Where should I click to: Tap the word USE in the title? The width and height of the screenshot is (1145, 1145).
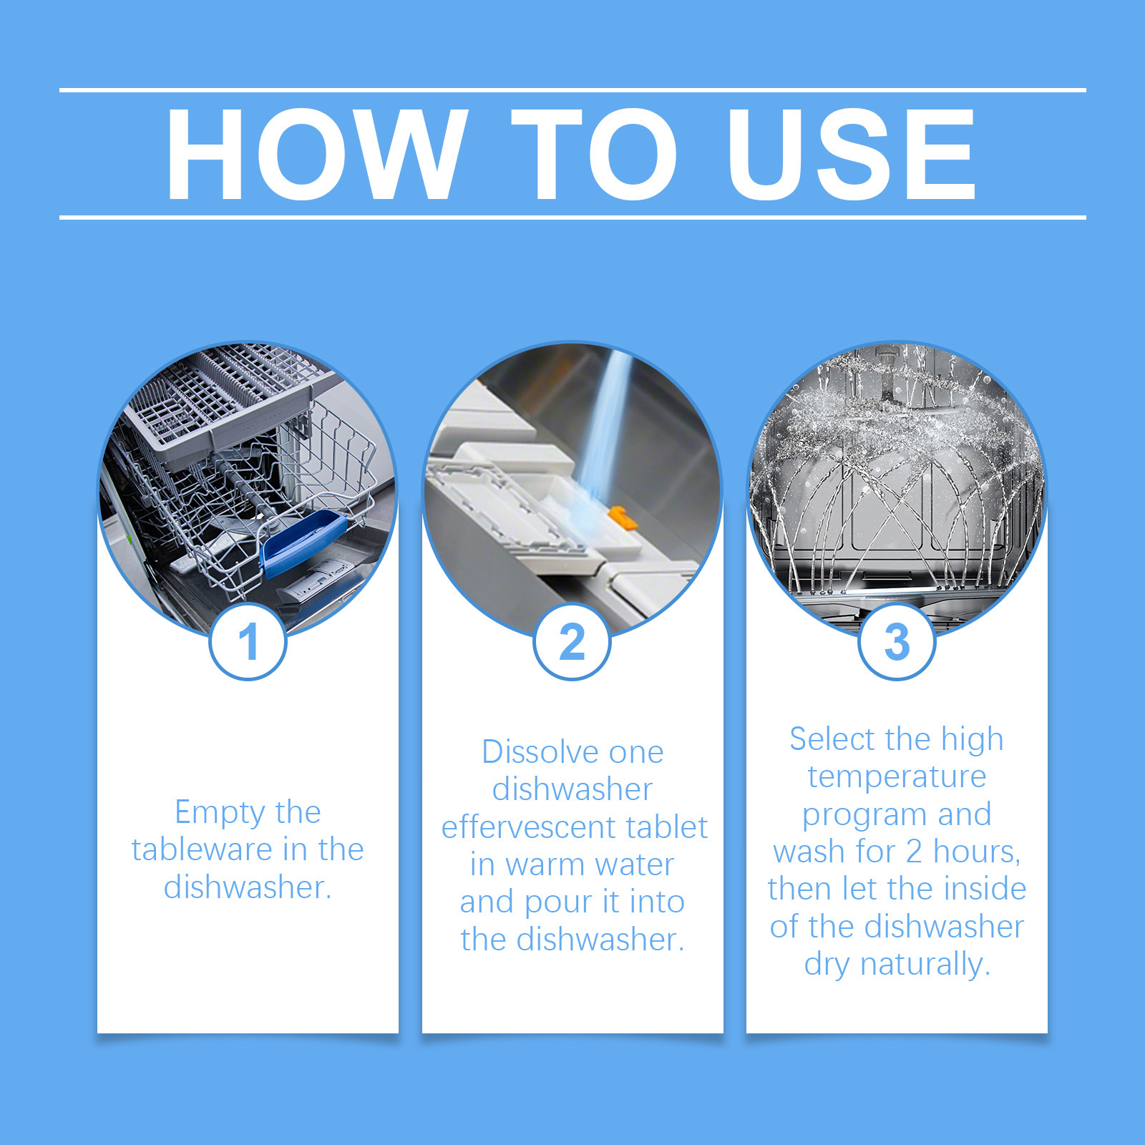click(852, 155)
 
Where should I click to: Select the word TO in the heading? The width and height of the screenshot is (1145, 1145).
click(595, 155)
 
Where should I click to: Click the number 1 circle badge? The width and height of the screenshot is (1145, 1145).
click(248, 641)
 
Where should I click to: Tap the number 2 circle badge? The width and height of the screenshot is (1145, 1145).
click(572, 641)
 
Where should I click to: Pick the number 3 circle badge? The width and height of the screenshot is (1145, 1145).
click(897, 641)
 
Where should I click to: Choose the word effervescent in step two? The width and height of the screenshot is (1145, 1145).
click(529, 827)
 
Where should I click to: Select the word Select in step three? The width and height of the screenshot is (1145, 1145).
click(833, 739)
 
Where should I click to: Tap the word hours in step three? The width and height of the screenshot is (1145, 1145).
click(977, 852)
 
